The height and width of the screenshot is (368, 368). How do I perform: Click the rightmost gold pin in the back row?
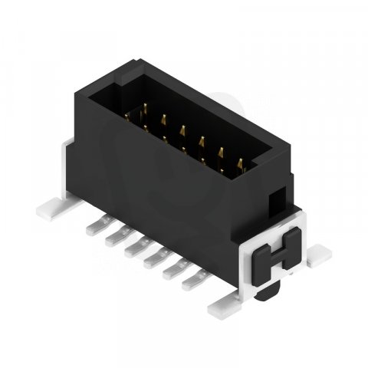coord(241,163)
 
